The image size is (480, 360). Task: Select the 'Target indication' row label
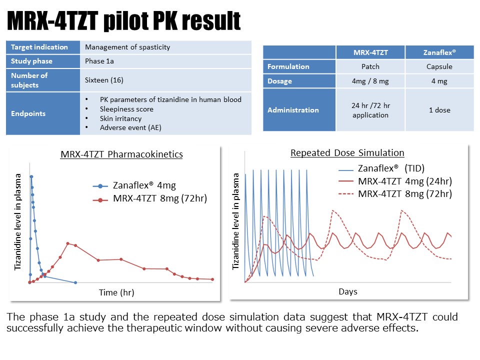39,47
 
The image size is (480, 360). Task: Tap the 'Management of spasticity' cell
127,47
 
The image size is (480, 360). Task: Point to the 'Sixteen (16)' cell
104,80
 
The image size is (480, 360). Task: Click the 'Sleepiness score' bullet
126,109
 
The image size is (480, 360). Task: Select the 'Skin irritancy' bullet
120,118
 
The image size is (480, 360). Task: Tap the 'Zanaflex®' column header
439,52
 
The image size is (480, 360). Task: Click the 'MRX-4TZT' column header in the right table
370,52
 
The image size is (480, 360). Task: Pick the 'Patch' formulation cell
370,66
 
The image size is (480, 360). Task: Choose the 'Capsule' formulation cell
439,66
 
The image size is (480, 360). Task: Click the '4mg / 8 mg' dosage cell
370,80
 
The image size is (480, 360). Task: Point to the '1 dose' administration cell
439,110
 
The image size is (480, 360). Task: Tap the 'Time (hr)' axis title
116,292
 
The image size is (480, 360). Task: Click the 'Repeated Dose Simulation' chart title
347,153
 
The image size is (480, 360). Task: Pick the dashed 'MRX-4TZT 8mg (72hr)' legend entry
405,193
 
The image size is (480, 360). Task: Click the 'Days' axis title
348,291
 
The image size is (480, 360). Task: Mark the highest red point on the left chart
68,243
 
